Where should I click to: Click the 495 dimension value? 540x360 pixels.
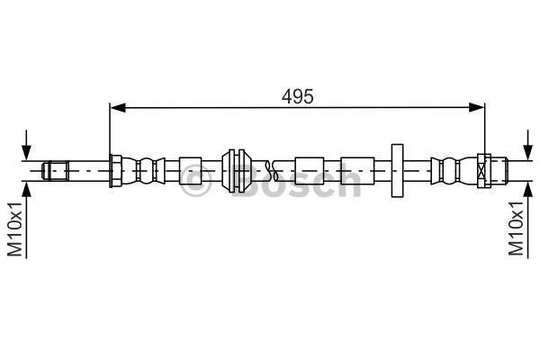coord(297,97)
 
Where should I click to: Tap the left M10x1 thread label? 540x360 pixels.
coord(14,229)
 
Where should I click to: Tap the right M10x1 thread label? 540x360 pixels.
coord(517,229)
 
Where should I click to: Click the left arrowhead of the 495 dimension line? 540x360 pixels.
coord(117,107)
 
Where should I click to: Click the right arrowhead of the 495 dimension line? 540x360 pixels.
coord(477,107)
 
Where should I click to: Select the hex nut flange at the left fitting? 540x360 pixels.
coord(116,171)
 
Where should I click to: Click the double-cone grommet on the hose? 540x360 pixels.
coord(236,171)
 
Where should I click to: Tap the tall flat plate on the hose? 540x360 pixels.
coord(397,171)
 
